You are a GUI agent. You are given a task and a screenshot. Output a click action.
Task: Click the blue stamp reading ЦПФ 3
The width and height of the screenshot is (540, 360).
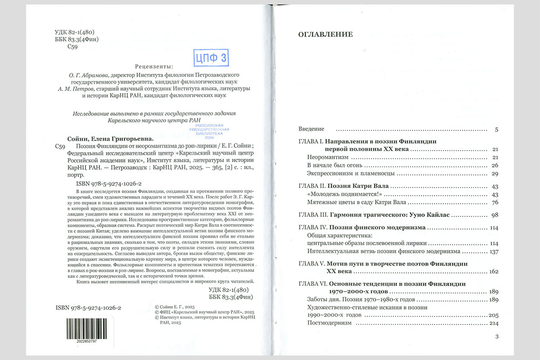tap(211, 58)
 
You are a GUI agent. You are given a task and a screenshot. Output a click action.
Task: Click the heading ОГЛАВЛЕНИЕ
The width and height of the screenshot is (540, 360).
tap(325, 34)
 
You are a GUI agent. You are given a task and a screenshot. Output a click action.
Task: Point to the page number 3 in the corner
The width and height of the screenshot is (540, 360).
tap(496, 337)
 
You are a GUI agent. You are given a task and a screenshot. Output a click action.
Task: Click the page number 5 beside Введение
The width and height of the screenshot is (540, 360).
tap(496, 130)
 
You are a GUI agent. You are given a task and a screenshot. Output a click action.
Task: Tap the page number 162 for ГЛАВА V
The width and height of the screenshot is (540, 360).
tap(492, 271)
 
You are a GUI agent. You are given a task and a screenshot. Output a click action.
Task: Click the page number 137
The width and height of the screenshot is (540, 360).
tap(493, 251)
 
